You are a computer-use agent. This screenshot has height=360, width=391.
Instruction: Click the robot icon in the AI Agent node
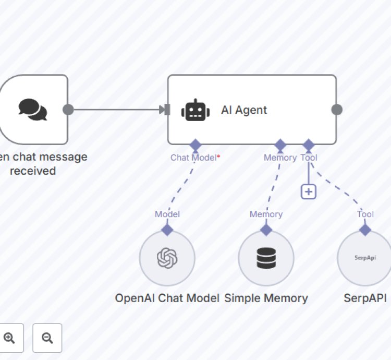coord(195,110)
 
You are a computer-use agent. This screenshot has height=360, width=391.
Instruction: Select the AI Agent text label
coord(244,110)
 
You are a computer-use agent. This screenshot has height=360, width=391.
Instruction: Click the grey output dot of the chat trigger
coord(68,110)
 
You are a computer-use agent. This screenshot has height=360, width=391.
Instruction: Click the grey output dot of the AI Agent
coord(337,110)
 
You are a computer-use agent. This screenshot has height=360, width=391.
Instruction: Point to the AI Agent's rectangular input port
coord(167,110)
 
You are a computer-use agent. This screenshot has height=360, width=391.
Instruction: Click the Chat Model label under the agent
coord(193,157)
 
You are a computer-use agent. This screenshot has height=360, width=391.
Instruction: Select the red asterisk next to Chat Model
coord(218,157)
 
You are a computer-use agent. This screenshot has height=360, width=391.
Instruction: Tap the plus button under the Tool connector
coord(309,191)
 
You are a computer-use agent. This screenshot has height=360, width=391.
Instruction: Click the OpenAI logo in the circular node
coord(167,258)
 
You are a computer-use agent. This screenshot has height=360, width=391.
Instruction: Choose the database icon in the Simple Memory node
coord(266,258)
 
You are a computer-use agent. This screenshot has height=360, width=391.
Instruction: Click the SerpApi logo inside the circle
coord(364,258)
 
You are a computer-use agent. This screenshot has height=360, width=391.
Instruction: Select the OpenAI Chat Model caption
coord(167,298)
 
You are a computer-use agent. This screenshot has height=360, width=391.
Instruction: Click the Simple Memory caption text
coord(266,298)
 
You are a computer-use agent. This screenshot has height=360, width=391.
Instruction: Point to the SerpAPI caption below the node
coord(365,298)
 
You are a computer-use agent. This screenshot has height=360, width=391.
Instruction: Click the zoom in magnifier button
coord(9,338)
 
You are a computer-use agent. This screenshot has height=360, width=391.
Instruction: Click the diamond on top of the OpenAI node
coord(167,230)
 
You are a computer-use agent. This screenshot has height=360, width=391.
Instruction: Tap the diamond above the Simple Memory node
coord(266,230)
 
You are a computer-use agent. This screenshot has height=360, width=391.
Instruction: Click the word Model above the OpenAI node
coord(167,214)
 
